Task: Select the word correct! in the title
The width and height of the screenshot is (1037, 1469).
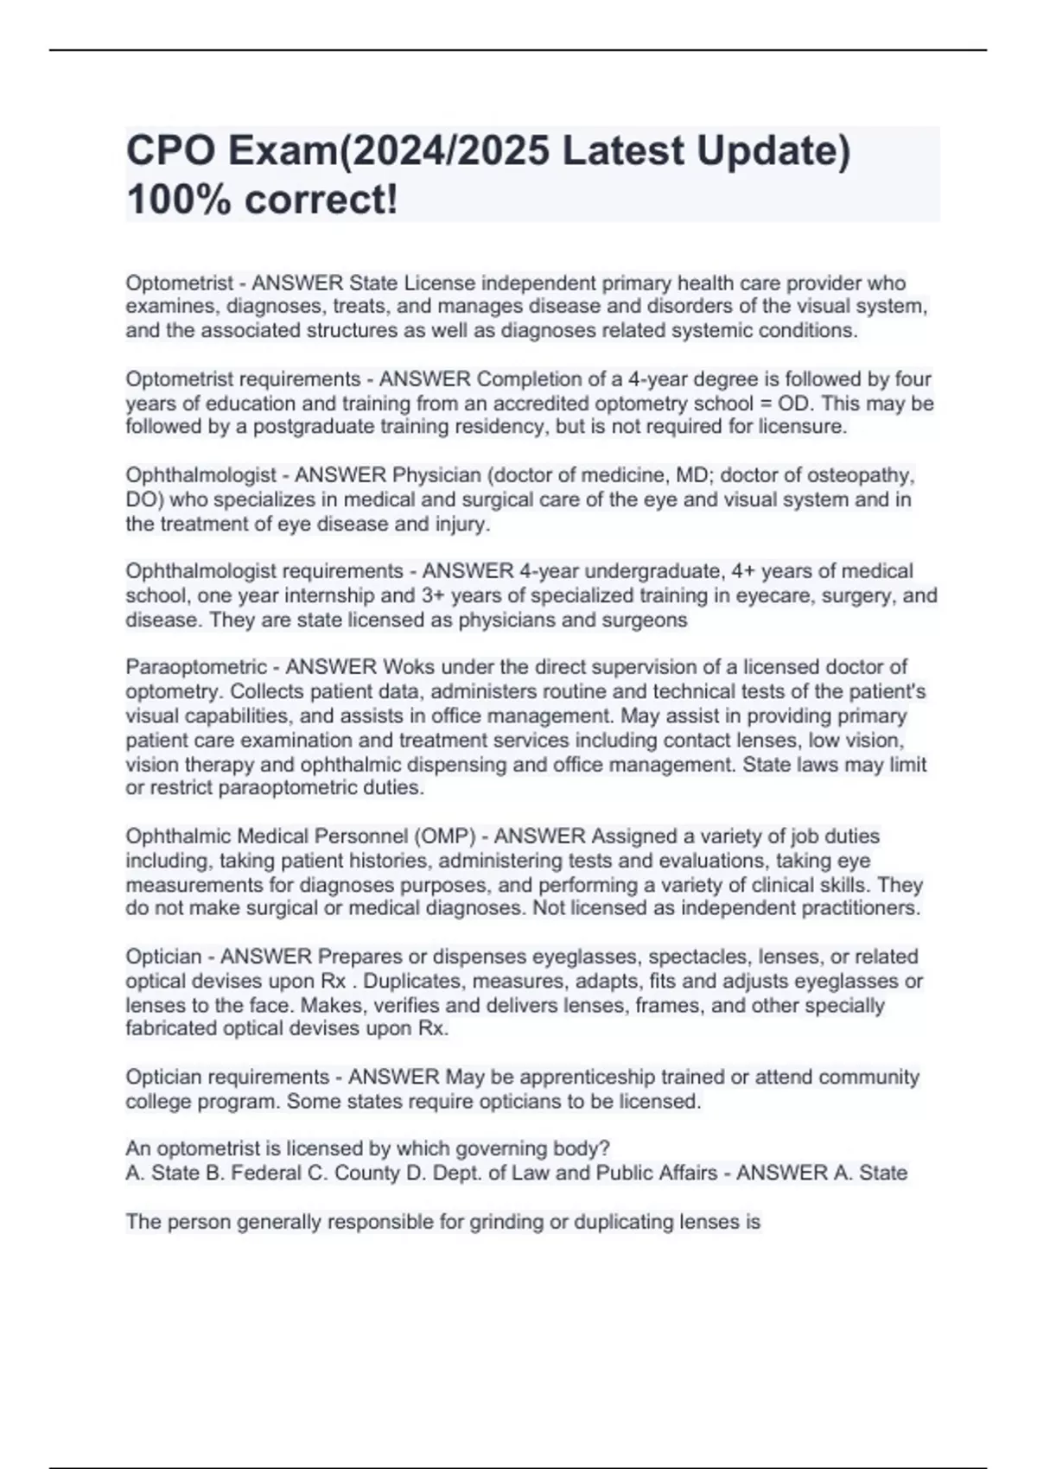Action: (321, 200)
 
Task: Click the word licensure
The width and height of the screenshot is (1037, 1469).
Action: (802, 427)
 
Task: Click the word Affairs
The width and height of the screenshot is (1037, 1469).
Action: (685, 1173)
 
